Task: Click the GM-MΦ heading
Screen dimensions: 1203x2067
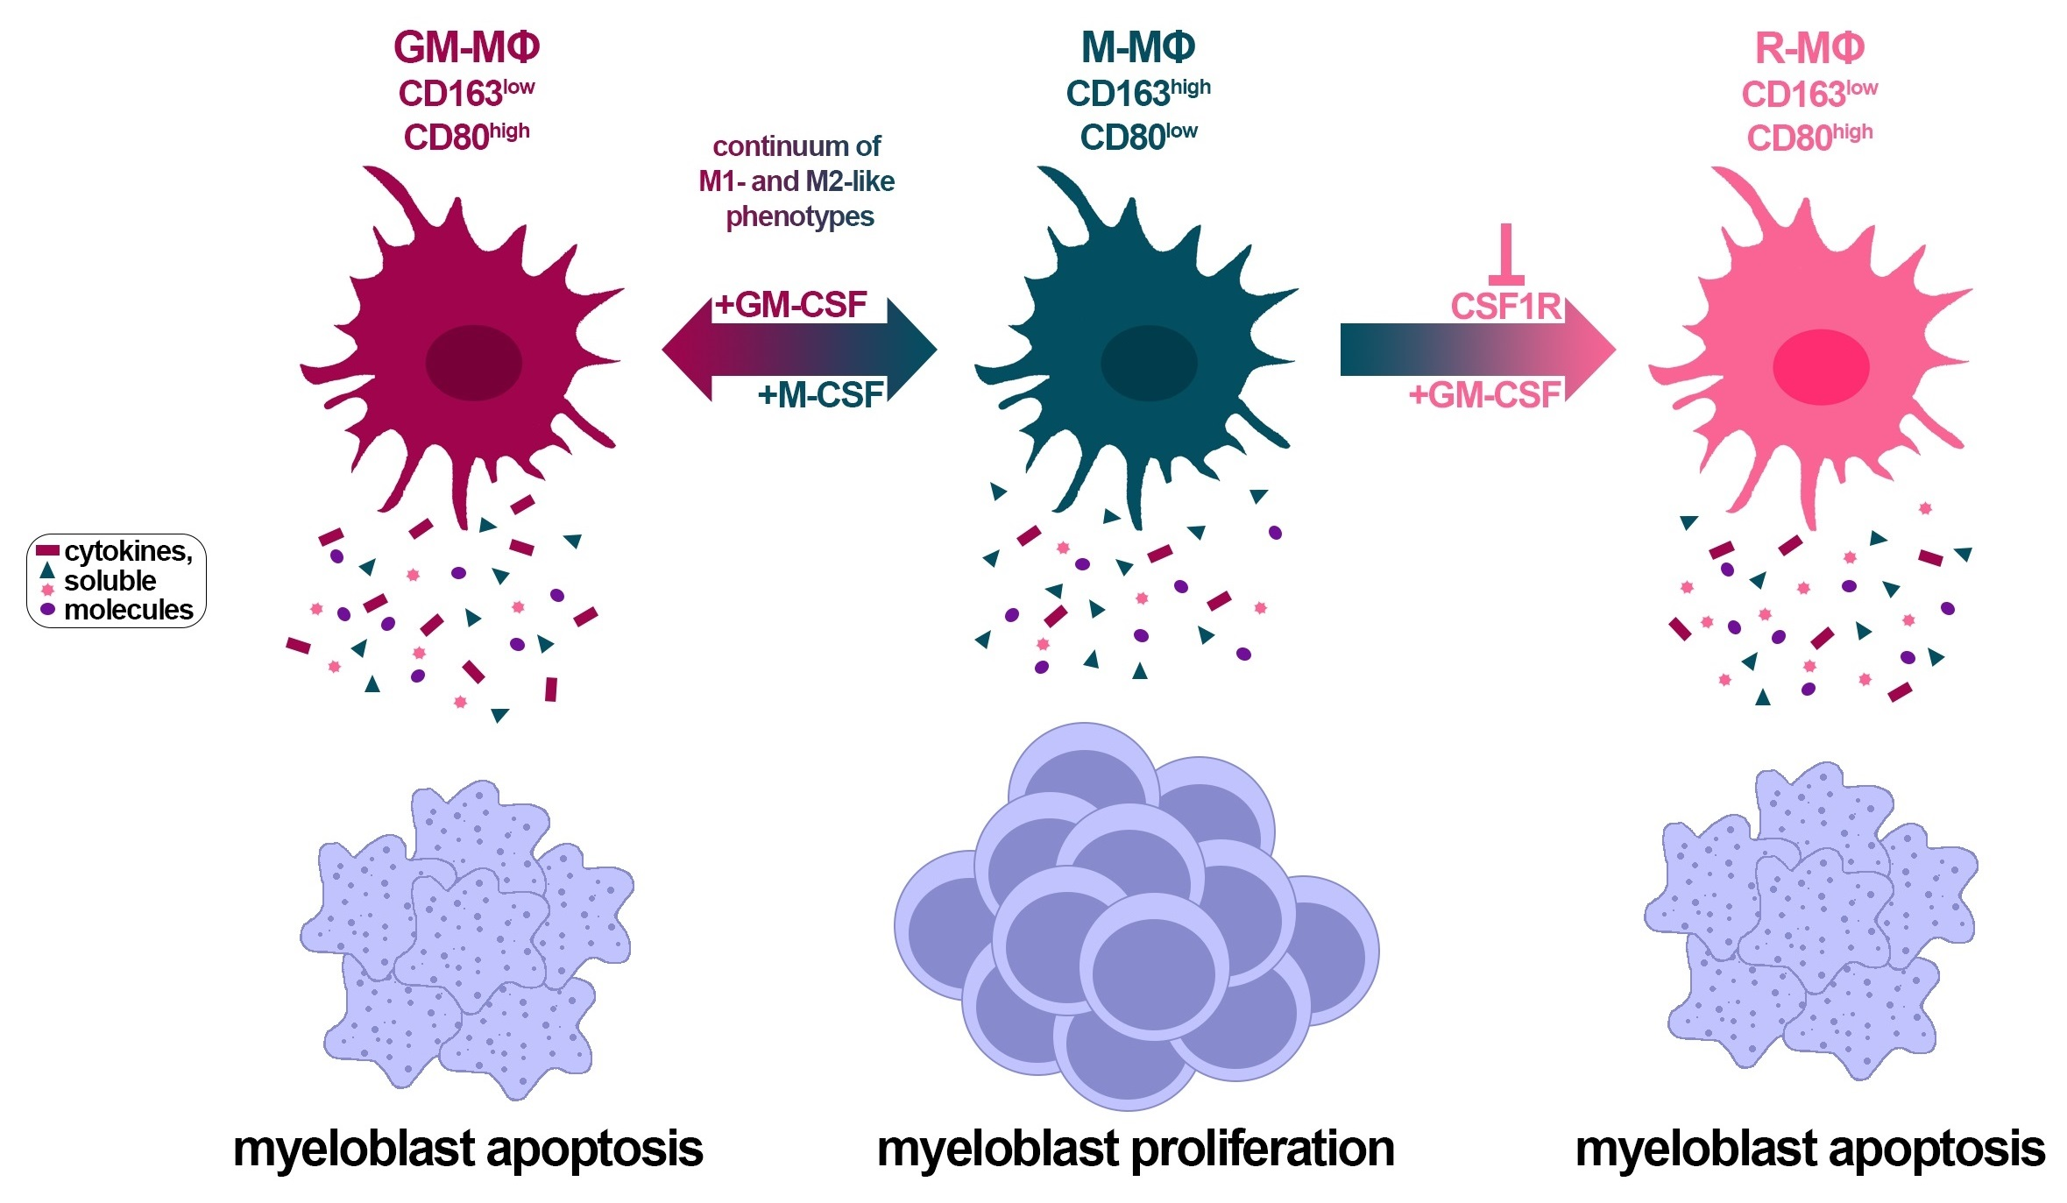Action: click(x=466, y=48)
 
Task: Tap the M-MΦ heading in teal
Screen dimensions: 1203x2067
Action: click(x=1137, y=48)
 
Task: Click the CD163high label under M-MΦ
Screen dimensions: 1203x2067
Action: click(x=1137, y=93)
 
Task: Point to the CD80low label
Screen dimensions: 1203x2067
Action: click(x=1137, y=137)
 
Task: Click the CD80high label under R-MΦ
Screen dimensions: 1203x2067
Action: click(x=1809, y=138)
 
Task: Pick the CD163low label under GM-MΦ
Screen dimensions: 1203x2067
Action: click(x=466, y=93)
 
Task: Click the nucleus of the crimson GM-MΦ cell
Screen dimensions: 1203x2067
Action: click(x=473, y=363)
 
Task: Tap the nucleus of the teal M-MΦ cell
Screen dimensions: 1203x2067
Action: click(x=1148, y=363)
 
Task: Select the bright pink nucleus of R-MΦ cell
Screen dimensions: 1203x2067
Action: click(x=1821, y=367)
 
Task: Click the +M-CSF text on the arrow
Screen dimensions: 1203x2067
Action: click(x=820, y=395)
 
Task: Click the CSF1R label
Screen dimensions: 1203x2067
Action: click(x=1505, y=307)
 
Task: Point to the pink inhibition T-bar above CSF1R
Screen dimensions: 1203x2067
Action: click(x=1506, y=254)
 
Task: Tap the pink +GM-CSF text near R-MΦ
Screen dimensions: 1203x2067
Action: click(x=1484, y=395)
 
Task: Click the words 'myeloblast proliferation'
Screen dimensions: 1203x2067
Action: click(x=1136, y=1149)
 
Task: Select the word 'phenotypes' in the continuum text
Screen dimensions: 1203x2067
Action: click(x=799, y=216)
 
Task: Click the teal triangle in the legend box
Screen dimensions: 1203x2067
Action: click(x=47, y=570)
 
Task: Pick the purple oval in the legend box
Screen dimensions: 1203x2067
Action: click(x=47, y=608)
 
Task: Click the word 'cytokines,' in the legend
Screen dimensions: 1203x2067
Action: click(x=128, y=551)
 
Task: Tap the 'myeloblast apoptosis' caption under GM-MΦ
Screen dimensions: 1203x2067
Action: click(x=468, y=1149)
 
